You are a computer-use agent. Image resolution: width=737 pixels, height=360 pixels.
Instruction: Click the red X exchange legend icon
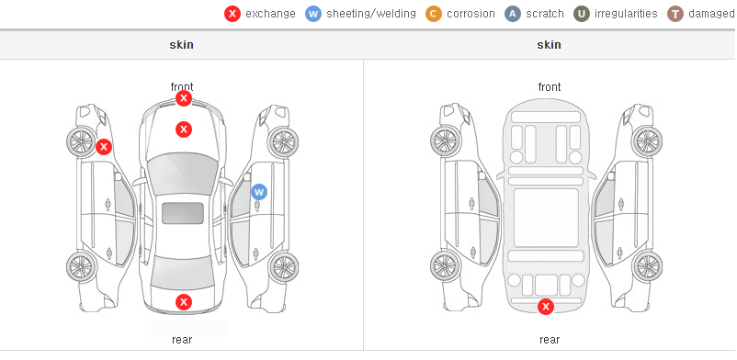click(x=232, y=14)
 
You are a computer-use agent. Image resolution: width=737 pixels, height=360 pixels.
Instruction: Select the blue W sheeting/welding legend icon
click(x=313, y=14)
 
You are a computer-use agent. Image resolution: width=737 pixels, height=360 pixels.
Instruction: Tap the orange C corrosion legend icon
click(x=434, y=14)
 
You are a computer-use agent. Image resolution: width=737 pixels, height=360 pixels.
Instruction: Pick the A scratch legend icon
click(x=513, y=14)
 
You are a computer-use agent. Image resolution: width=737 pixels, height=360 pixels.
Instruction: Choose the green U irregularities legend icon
click(x=582, y=14)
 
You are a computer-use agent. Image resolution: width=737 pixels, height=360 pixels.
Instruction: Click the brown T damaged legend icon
click(x=675, y=14)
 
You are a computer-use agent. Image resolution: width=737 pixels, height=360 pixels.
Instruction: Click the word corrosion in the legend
click(x=471, y=14)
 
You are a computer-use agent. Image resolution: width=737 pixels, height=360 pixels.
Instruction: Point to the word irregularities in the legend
click(x=626, y=14)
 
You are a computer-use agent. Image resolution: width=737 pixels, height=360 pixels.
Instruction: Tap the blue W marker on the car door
click(x=259, y=192)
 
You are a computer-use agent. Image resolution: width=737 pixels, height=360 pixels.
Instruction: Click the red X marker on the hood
click(x=184, y=129)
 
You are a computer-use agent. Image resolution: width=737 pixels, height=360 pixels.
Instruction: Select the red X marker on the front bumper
click(x=184, y=98)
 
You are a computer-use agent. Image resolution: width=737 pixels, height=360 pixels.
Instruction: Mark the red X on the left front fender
click(x=104, y=147)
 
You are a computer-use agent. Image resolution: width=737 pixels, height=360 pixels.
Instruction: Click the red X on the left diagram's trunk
click(x=184, y=302)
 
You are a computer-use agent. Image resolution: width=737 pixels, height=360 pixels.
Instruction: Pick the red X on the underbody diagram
click(x=546, y=307)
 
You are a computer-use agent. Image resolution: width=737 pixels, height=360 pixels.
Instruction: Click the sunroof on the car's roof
click(x=183, y=213)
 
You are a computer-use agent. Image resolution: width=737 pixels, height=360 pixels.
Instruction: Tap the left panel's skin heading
click(x=181, y=45)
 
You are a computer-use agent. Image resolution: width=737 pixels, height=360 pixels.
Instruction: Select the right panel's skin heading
click(x=549, y=45)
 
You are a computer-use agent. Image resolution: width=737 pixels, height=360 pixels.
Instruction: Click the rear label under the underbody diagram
click(x=550, y=340)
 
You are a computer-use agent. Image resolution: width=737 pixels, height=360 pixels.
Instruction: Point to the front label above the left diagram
click(x=182, y=87)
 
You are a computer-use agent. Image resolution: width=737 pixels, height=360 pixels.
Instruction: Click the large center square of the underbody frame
click(x=546, y=218)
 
